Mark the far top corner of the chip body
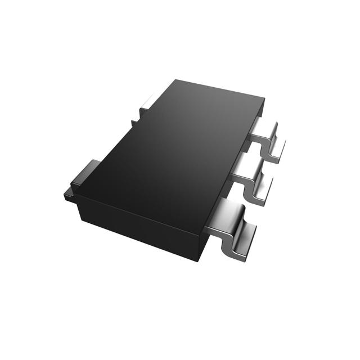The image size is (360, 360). click(x=176, y=80)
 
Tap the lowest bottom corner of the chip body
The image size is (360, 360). click(x=198, y=260)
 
